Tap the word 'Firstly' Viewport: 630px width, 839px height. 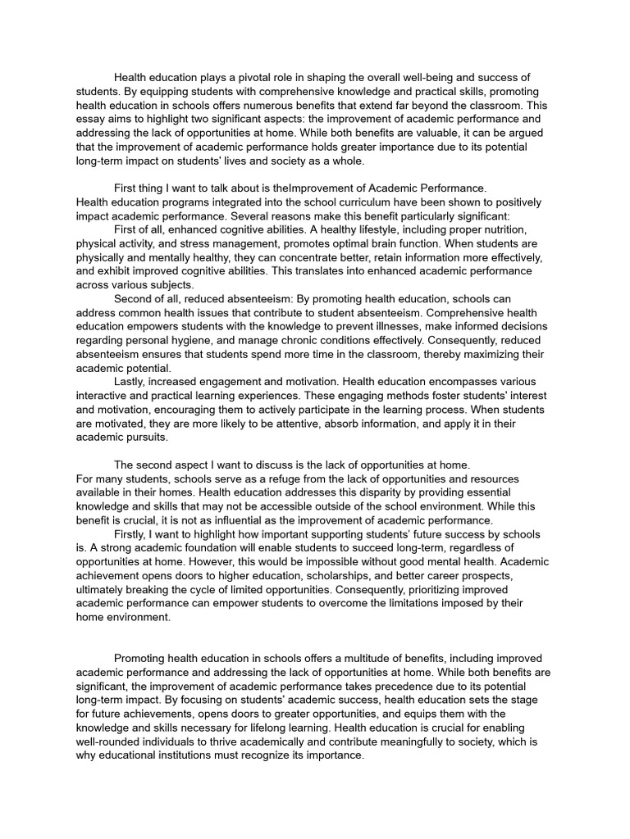point(132,534)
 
